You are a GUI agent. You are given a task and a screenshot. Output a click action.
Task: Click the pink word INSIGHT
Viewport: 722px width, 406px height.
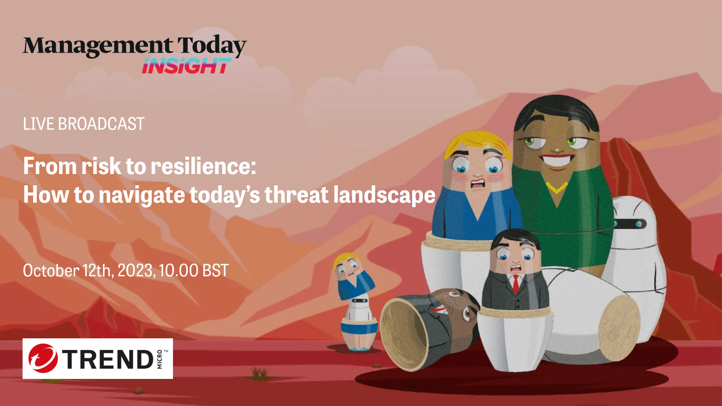[x=186, y=66]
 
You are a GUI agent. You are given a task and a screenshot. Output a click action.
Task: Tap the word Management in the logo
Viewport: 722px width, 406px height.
[x=98, y=46]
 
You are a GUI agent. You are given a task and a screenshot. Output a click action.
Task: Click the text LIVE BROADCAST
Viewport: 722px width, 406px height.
[x=83, y=124]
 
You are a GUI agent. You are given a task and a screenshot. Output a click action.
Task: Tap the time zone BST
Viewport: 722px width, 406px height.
[x=215, y=271]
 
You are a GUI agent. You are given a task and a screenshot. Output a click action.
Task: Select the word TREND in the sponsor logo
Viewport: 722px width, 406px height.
[x=108, y=359]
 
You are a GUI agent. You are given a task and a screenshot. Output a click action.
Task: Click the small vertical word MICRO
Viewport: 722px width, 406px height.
[x=159, y=359]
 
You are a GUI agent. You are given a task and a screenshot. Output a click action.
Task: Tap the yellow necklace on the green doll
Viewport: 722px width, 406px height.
[x=556, y=187]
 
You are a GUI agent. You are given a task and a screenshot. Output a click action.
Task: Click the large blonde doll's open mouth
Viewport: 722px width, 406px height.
[x=478, y=184]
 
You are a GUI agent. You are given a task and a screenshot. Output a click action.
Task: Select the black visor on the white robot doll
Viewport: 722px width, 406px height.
[x=630, y=224]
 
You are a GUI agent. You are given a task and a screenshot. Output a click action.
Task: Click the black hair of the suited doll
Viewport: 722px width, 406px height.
[x=515, y=237]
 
